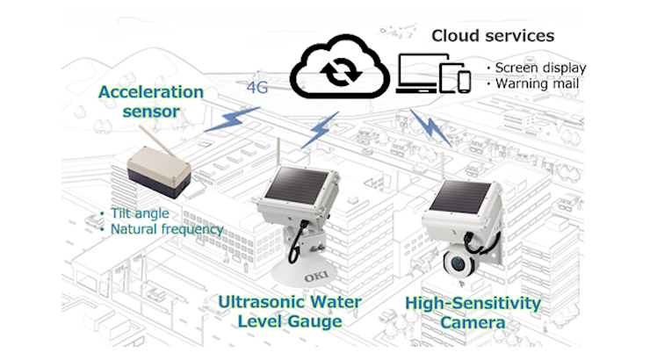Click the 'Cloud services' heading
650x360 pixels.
pos(492,36)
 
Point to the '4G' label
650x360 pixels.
pos(256,88)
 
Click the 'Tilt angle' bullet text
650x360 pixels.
pos(139,213)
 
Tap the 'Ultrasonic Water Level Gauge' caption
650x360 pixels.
pos(290,313)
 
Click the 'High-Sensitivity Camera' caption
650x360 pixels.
pos(473,313)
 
